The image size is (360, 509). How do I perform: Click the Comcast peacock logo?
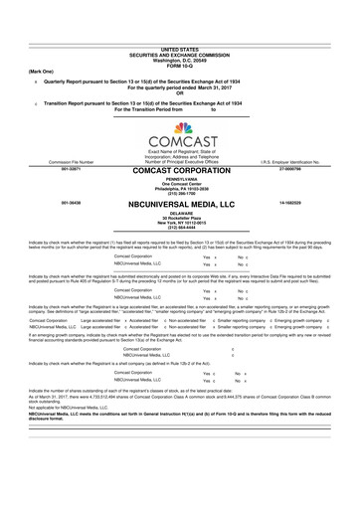180,128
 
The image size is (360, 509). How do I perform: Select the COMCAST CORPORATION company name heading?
180,171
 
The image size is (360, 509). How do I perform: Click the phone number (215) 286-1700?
180,194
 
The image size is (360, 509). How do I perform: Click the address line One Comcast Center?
180,184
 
